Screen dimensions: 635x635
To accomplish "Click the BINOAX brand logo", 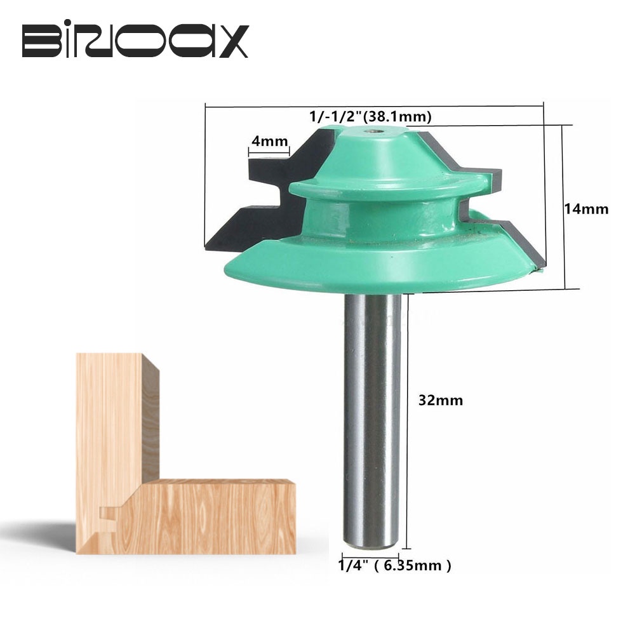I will pyautogui.click(x=135, y=42).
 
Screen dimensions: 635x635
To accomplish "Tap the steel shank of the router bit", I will pyautogui.click(x=372, y=413).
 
